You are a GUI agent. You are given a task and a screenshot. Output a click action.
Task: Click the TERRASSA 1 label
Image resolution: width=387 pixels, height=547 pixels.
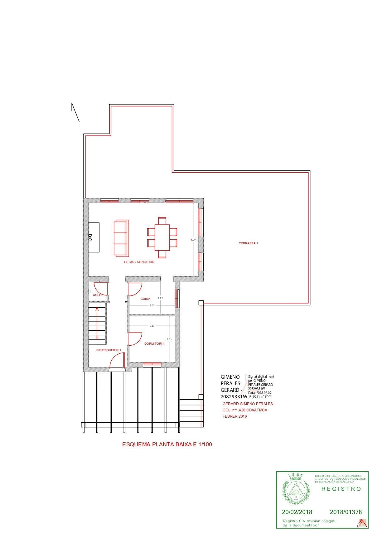point(248,243)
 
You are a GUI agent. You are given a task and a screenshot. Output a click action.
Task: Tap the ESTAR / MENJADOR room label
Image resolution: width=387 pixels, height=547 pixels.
point(139,262)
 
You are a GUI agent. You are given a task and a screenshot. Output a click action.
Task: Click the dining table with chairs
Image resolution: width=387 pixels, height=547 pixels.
point(162,238)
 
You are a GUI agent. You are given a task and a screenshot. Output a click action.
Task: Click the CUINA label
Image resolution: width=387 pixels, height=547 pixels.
point(145,299)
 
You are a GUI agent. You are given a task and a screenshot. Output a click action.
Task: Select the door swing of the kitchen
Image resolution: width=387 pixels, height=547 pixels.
point(135,289)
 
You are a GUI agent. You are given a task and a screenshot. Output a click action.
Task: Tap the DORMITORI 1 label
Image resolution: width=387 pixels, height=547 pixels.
point(154,344)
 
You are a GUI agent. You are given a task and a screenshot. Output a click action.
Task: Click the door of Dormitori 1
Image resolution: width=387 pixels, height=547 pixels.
point(135,339)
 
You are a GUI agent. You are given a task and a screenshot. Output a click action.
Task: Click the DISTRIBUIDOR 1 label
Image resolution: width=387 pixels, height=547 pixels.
point(109,350)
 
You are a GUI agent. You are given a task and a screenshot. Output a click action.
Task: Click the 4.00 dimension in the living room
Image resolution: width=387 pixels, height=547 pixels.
point(193,240)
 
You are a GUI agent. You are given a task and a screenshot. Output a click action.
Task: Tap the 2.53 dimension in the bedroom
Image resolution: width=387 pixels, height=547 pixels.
point(169,339)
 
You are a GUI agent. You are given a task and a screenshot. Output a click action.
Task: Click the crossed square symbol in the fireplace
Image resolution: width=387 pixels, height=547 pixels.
point(90,238)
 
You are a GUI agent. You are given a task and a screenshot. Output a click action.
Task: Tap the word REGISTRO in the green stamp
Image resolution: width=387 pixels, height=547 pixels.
point(341,489)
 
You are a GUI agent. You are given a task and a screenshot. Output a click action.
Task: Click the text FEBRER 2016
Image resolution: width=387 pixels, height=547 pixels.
point(234,416)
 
